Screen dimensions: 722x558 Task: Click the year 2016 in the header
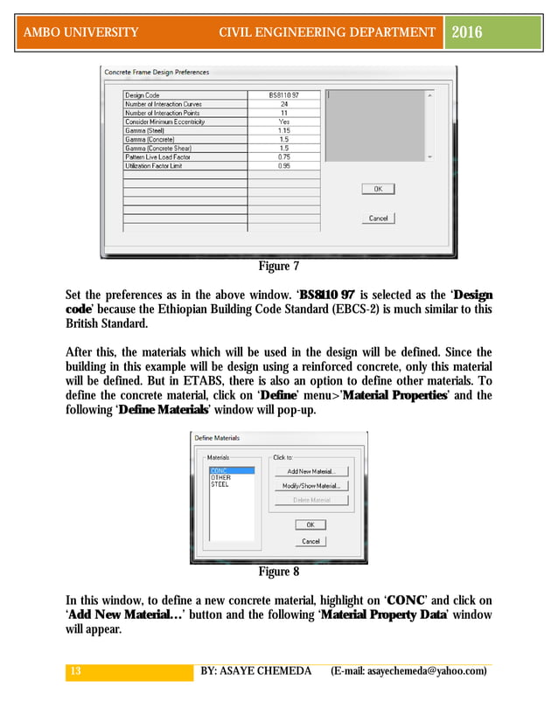click(466, 32)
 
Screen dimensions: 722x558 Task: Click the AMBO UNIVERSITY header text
click(81, 32)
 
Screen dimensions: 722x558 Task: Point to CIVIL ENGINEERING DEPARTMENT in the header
click(327, 32)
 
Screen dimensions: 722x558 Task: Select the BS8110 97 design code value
click(283, 94)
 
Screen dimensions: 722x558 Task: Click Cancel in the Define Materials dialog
click(310, 541)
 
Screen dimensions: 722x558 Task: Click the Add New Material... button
click(310, 471)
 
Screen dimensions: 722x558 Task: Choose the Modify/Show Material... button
click(310, 486)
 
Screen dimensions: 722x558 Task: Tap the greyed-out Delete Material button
click(310, 500)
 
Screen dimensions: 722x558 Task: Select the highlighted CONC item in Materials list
click(220, 470)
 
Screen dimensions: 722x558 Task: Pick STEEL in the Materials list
click(220, 484)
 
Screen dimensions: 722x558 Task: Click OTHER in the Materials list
click(221, 477)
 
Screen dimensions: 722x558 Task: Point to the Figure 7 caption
click(278, 266)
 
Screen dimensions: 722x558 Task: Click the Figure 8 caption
click(278, 572)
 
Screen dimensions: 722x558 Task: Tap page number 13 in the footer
click(75, 670)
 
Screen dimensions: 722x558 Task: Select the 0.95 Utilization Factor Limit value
click(283, 165)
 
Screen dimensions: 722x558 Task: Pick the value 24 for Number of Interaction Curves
click(283, 103)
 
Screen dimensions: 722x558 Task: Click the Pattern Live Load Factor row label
click(156, 156)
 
